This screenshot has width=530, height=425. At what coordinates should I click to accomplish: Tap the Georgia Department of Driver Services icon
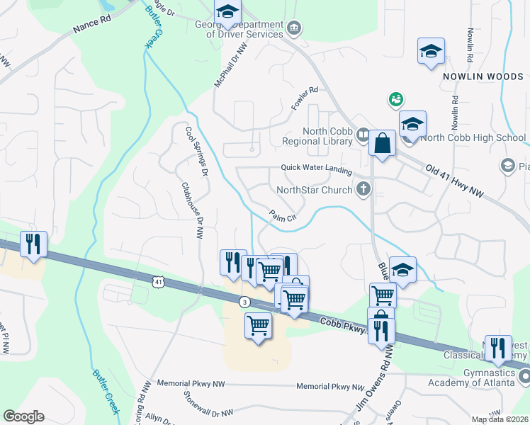[294, 28]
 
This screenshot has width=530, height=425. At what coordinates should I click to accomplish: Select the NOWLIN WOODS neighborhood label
[483, 76]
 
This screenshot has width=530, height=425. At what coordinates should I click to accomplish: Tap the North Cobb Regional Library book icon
[363, 135]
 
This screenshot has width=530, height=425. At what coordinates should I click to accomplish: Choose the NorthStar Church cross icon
[363, 189]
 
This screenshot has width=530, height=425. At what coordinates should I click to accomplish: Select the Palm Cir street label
[282, 216]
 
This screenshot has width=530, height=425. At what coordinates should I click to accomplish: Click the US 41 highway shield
[157, 282]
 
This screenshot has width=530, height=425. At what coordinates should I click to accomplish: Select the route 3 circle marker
[244, 301]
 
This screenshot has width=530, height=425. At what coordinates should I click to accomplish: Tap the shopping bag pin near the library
[382, 144]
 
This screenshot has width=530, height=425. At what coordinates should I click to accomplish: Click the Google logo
[23, 416]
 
